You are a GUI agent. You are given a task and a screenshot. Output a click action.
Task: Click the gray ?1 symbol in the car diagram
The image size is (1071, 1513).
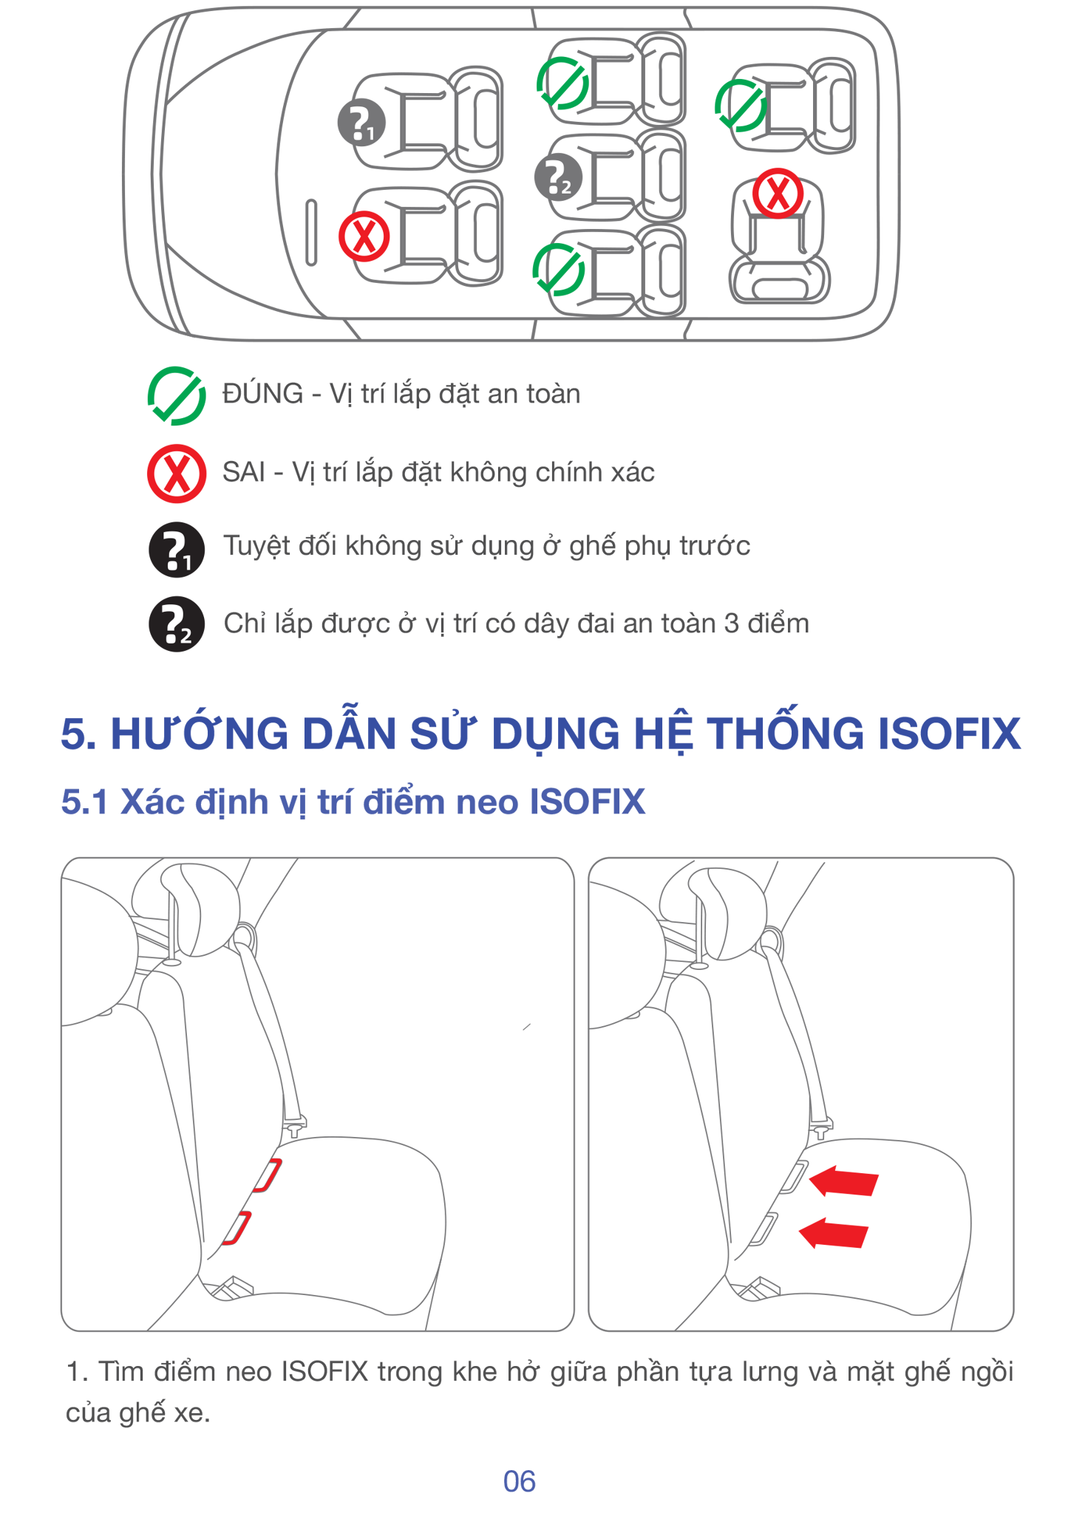tap(361, 122)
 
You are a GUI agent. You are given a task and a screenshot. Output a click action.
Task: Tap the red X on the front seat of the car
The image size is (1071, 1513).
tap(364, 236)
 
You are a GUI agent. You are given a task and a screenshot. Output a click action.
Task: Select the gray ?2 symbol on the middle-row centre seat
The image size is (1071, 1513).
tap(558, 177)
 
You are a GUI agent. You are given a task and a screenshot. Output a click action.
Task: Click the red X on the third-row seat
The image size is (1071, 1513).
tap(778, 194)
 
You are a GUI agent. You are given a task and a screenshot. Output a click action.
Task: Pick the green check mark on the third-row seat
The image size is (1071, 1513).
tap(740, 106)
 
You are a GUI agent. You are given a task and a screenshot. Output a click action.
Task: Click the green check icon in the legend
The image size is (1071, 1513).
tap(177, 395)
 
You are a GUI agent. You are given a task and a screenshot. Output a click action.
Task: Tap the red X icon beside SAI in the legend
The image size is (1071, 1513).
tap(177, 474)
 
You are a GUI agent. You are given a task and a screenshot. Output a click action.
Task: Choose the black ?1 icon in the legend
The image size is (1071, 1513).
tap(177, 550)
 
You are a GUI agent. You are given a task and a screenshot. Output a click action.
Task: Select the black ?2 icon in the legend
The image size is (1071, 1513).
tap(177, 624)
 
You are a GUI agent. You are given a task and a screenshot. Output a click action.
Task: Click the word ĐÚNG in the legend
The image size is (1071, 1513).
tap(263, 393)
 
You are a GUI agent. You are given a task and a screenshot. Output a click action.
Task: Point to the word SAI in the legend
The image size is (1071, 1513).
tap(244, 472)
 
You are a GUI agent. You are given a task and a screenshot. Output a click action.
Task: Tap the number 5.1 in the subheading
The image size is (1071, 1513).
tap(84, 802)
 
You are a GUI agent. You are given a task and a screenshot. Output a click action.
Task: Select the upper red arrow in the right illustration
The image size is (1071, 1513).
tap(843, 1181)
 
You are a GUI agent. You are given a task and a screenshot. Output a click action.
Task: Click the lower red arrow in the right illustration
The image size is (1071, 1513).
tap(834, 1233)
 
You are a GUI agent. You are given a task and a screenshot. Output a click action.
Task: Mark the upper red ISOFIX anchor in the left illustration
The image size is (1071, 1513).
tap(268, 1175)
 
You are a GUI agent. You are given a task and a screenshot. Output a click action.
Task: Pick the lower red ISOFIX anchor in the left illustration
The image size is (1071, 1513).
tap(237, 1228)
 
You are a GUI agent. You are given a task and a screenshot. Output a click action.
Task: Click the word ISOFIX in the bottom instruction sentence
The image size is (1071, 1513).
tap(324, 1372)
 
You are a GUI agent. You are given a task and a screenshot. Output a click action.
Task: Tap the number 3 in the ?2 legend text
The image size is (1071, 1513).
tap(732, 624)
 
